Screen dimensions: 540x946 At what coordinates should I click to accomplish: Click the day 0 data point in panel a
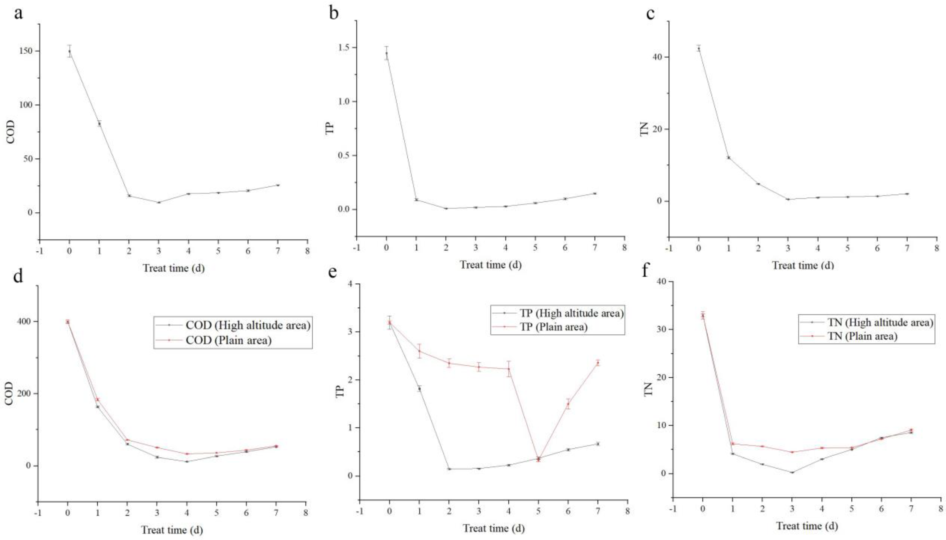tap(69, 52)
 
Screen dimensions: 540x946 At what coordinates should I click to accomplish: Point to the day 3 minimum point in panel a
tap(159, 202)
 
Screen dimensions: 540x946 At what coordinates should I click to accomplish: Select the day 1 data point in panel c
tap(729, 158)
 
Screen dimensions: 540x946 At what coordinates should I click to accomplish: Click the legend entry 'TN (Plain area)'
tap(862, 336)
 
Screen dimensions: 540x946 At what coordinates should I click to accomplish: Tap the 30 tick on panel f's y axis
tap(657, 329)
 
